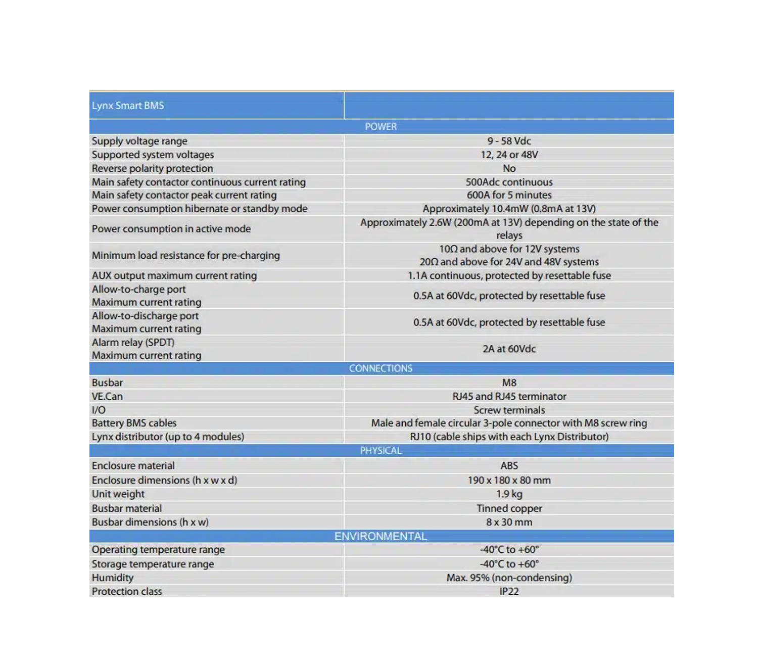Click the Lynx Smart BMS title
pyautogui.click(x=128, y=106)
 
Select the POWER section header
pyautogui.click(x=381, y=126)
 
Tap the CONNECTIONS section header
pyautogui.click(x=381, y=368)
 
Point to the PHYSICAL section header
pyautogui.click(x=381, y=450)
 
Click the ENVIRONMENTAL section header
pyautogui.click(x=381, y=536)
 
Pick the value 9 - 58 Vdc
pyautogui.click(x=509, y=141)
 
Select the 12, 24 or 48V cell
pyautogui.click(x=509, y=155)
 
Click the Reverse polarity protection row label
pyautogui.click(x=153, y=168)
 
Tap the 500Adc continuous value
pyautogui.click(x=509, y=182)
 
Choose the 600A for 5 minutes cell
pyautogui.click(x=509, y=195)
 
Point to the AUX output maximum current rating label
pyautogui.click(x=174, y=275)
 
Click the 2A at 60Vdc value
pyautogui.click(x=509, y=349)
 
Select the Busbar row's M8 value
pyautogui.click(x=509, y=383)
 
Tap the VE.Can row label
pyautogui.click(x=107, y=396)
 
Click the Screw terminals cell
pyautogui.click(x=509, y=410)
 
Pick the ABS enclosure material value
pyautogui.click(x=509, y=465)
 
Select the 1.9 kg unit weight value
pyautogui.click(x=509, y=494)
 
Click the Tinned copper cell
pyautogui.click(x=509, y=508)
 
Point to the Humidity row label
pyautogui.click(x=113, y=578)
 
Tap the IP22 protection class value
pyautogui.click(x=509, y=591)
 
